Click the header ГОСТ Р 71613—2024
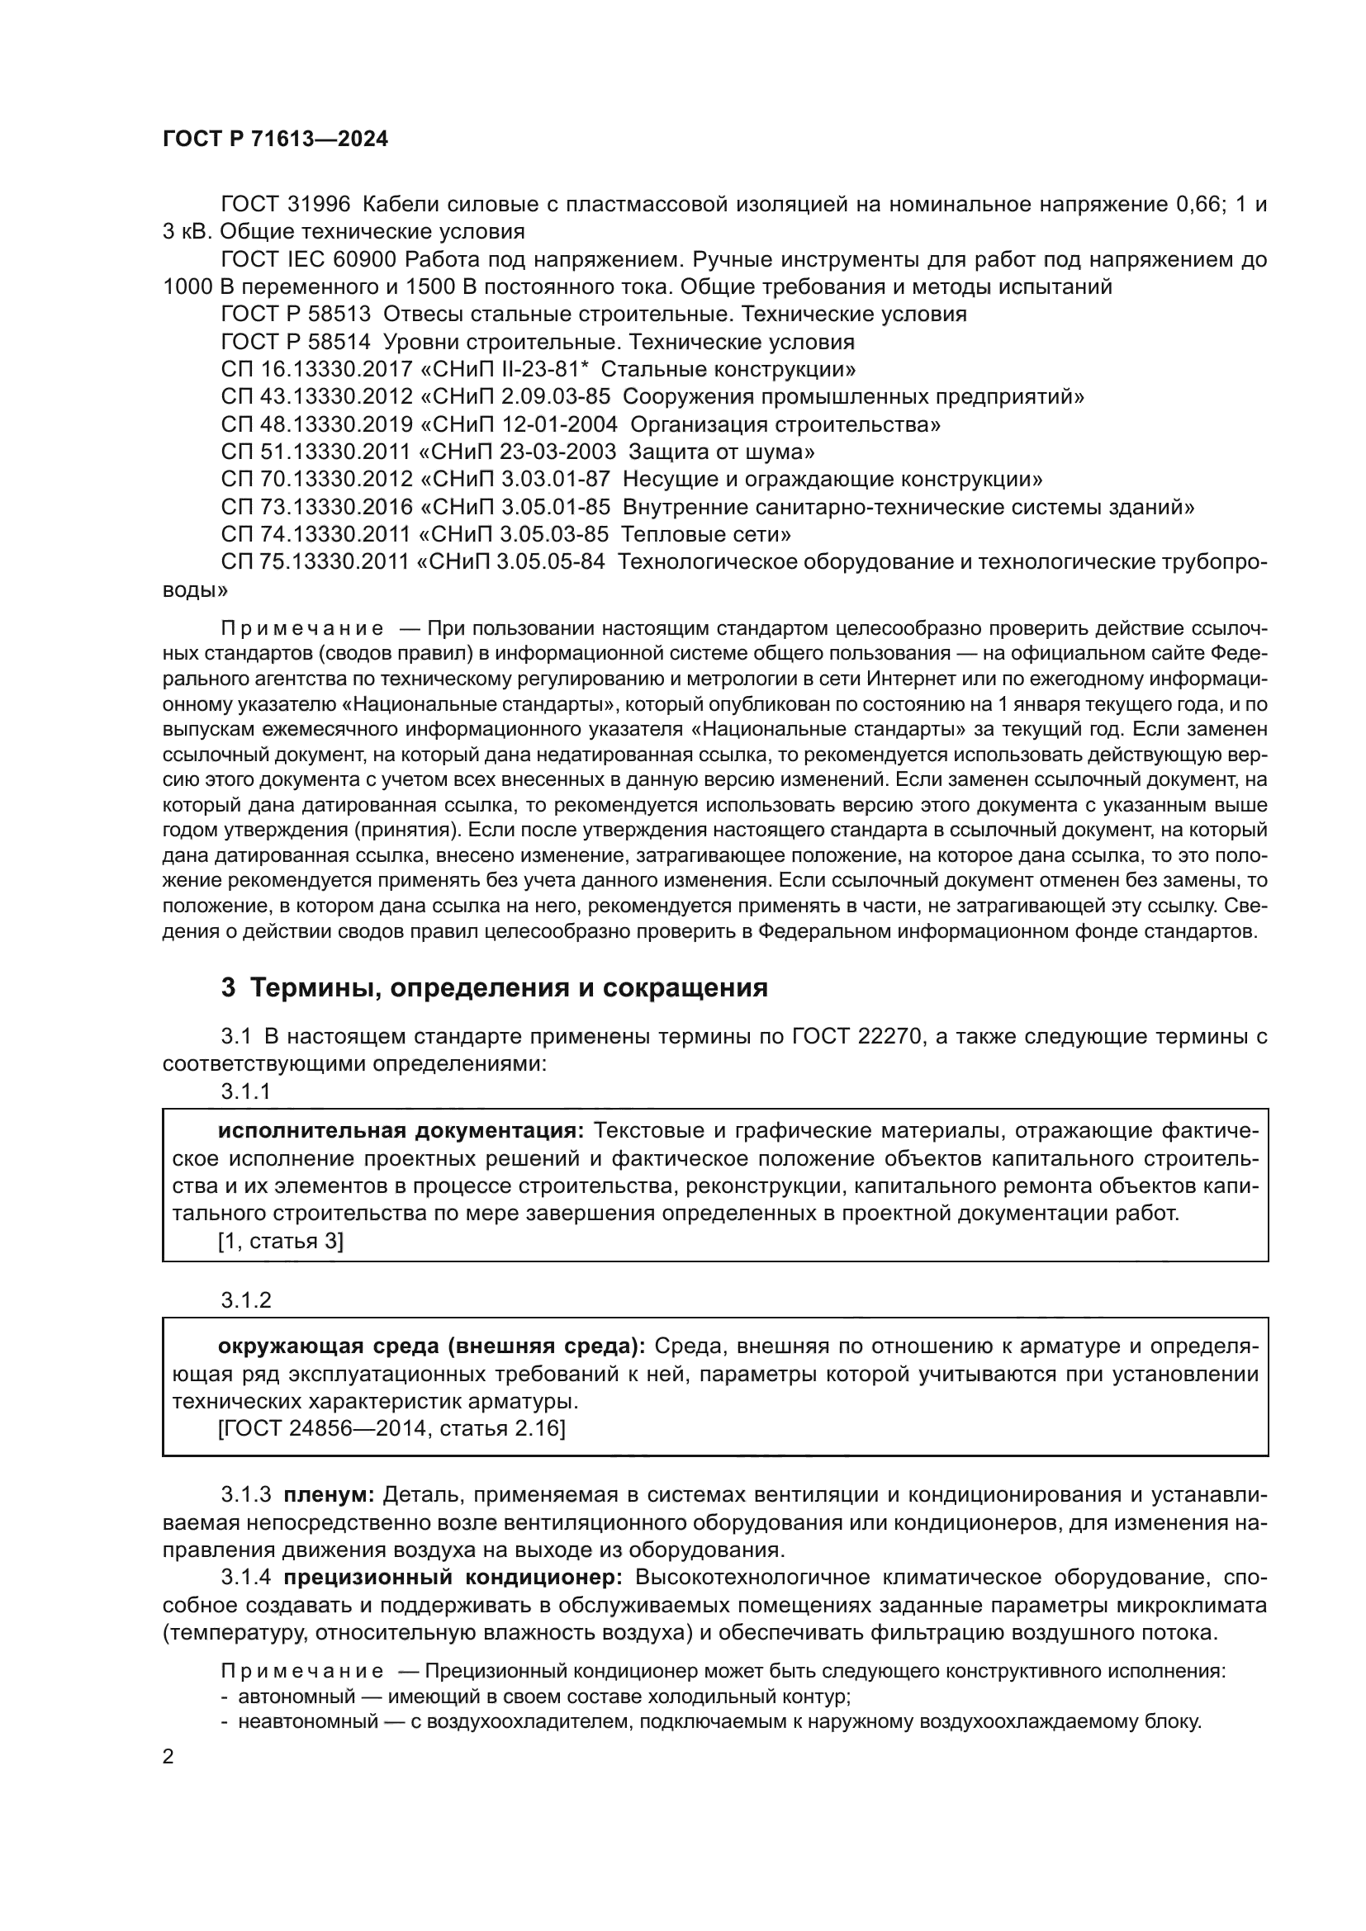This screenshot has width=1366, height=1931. click(x=275, y=140)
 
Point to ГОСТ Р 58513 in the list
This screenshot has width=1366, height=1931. click(x=296, y=315)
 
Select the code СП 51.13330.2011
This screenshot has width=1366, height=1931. click(x=316, y=452)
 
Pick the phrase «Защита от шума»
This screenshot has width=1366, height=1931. click(x=721, y=452)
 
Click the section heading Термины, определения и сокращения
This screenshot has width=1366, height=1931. click(x=509, y=987)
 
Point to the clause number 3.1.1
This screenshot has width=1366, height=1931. click(x=245, y=1091)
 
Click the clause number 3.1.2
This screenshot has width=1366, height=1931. click(x=245, y=1300)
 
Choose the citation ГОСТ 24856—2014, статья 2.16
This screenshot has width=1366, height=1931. click(x=391, y=1429)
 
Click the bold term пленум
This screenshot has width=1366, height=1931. click(x=329, y=1494)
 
